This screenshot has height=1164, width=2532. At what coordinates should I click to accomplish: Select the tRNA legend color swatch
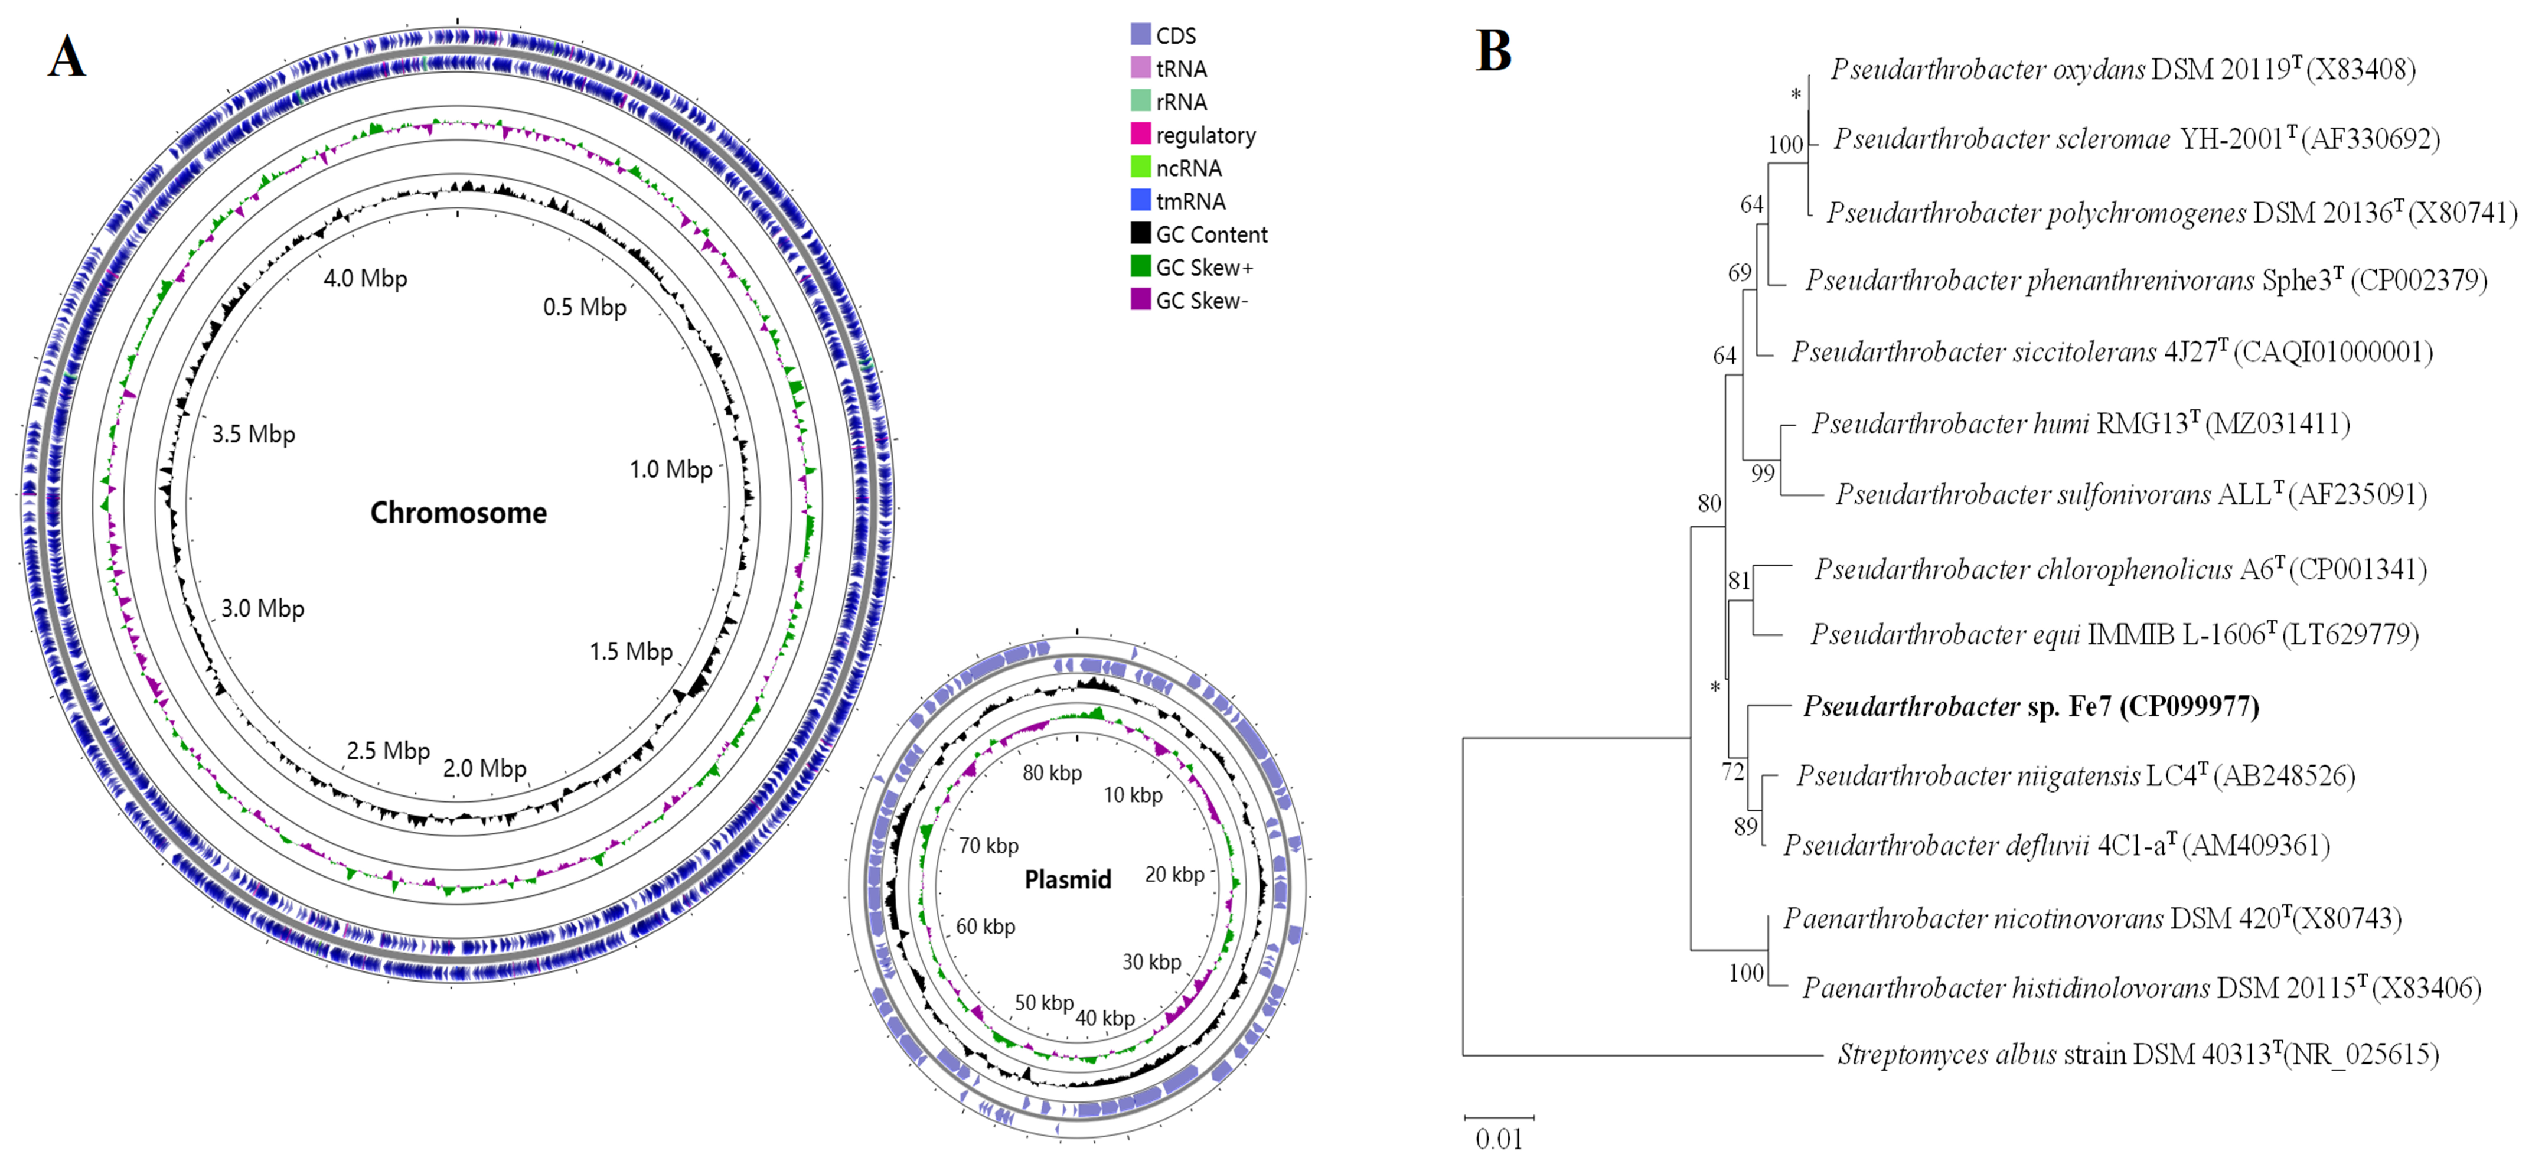[1140, 68]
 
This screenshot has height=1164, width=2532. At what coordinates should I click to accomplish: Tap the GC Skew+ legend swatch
[1140, 266]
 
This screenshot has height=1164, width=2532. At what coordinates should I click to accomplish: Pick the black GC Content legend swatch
[1140, 233]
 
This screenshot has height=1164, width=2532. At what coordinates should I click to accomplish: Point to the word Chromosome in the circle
[458, 512]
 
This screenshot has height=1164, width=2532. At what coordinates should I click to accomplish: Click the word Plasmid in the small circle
[1068, 879]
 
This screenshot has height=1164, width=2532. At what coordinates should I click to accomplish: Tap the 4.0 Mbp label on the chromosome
[365, 278]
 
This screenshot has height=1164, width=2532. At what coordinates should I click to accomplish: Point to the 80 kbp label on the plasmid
[1052, 772]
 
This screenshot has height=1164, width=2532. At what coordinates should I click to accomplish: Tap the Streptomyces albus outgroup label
[2138, 1055]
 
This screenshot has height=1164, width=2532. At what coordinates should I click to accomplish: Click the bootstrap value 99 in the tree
[1763, 474]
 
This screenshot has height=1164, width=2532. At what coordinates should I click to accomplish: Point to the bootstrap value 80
[1709, 503]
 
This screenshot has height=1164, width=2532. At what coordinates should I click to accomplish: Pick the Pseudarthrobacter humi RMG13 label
[2080, 423]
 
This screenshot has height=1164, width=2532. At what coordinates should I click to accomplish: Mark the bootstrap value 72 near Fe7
[1733, 772]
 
